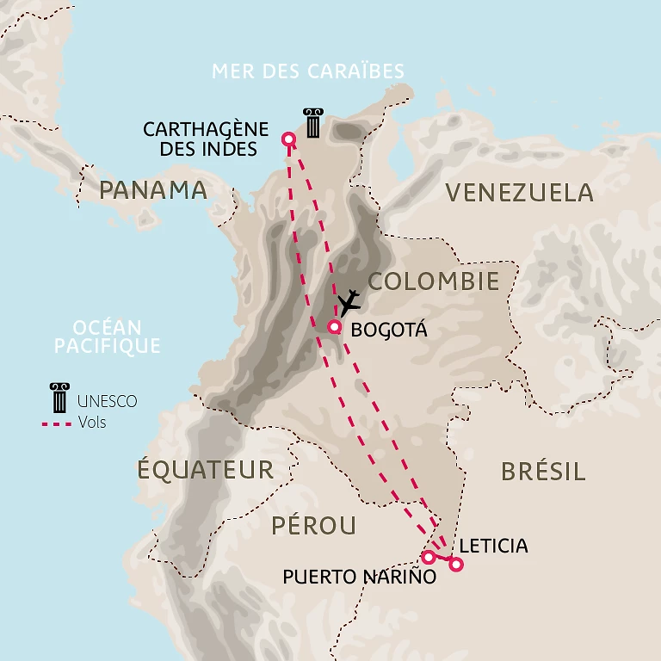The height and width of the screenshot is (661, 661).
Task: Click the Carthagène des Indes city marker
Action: [289, 139]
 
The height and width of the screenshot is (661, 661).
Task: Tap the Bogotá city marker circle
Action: [335, 326]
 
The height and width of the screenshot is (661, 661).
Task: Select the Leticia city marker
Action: [455, 565]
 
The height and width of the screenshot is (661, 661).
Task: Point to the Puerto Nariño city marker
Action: [428, 557]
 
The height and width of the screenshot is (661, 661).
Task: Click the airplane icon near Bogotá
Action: [349, 303]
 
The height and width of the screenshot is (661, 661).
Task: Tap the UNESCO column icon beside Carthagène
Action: [312, 123]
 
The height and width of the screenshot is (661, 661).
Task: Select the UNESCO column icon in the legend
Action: [59, 399]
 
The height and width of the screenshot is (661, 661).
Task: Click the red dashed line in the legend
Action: [57, 423]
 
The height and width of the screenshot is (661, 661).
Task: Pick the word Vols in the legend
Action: [92, 423]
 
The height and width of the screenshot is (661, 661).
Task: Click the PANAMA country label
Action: [153, 190]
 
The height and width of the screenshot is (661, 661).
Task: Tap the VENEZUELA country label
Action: [520, 192]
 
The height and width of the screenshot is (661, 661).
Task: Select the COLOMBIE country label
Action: [434, 281]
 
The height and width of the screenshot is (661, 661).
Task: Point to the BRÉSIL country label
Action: [543, 471]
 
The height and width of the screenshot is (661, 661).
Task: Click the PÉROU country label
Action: [314, 525]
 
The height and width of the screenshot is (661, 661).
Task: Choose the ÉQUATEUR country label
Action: [206, 470]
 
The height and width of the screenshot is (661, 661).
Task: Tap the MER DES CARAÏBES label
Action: [308, 71]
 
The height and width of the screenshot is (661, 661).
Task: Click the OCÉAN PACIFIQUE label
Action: [108, 337]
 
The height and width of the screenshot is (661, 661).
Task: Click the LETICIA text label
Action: [494, 546]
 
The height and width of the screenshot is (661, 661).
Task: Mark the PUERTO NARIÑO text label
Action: [360, 577]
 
